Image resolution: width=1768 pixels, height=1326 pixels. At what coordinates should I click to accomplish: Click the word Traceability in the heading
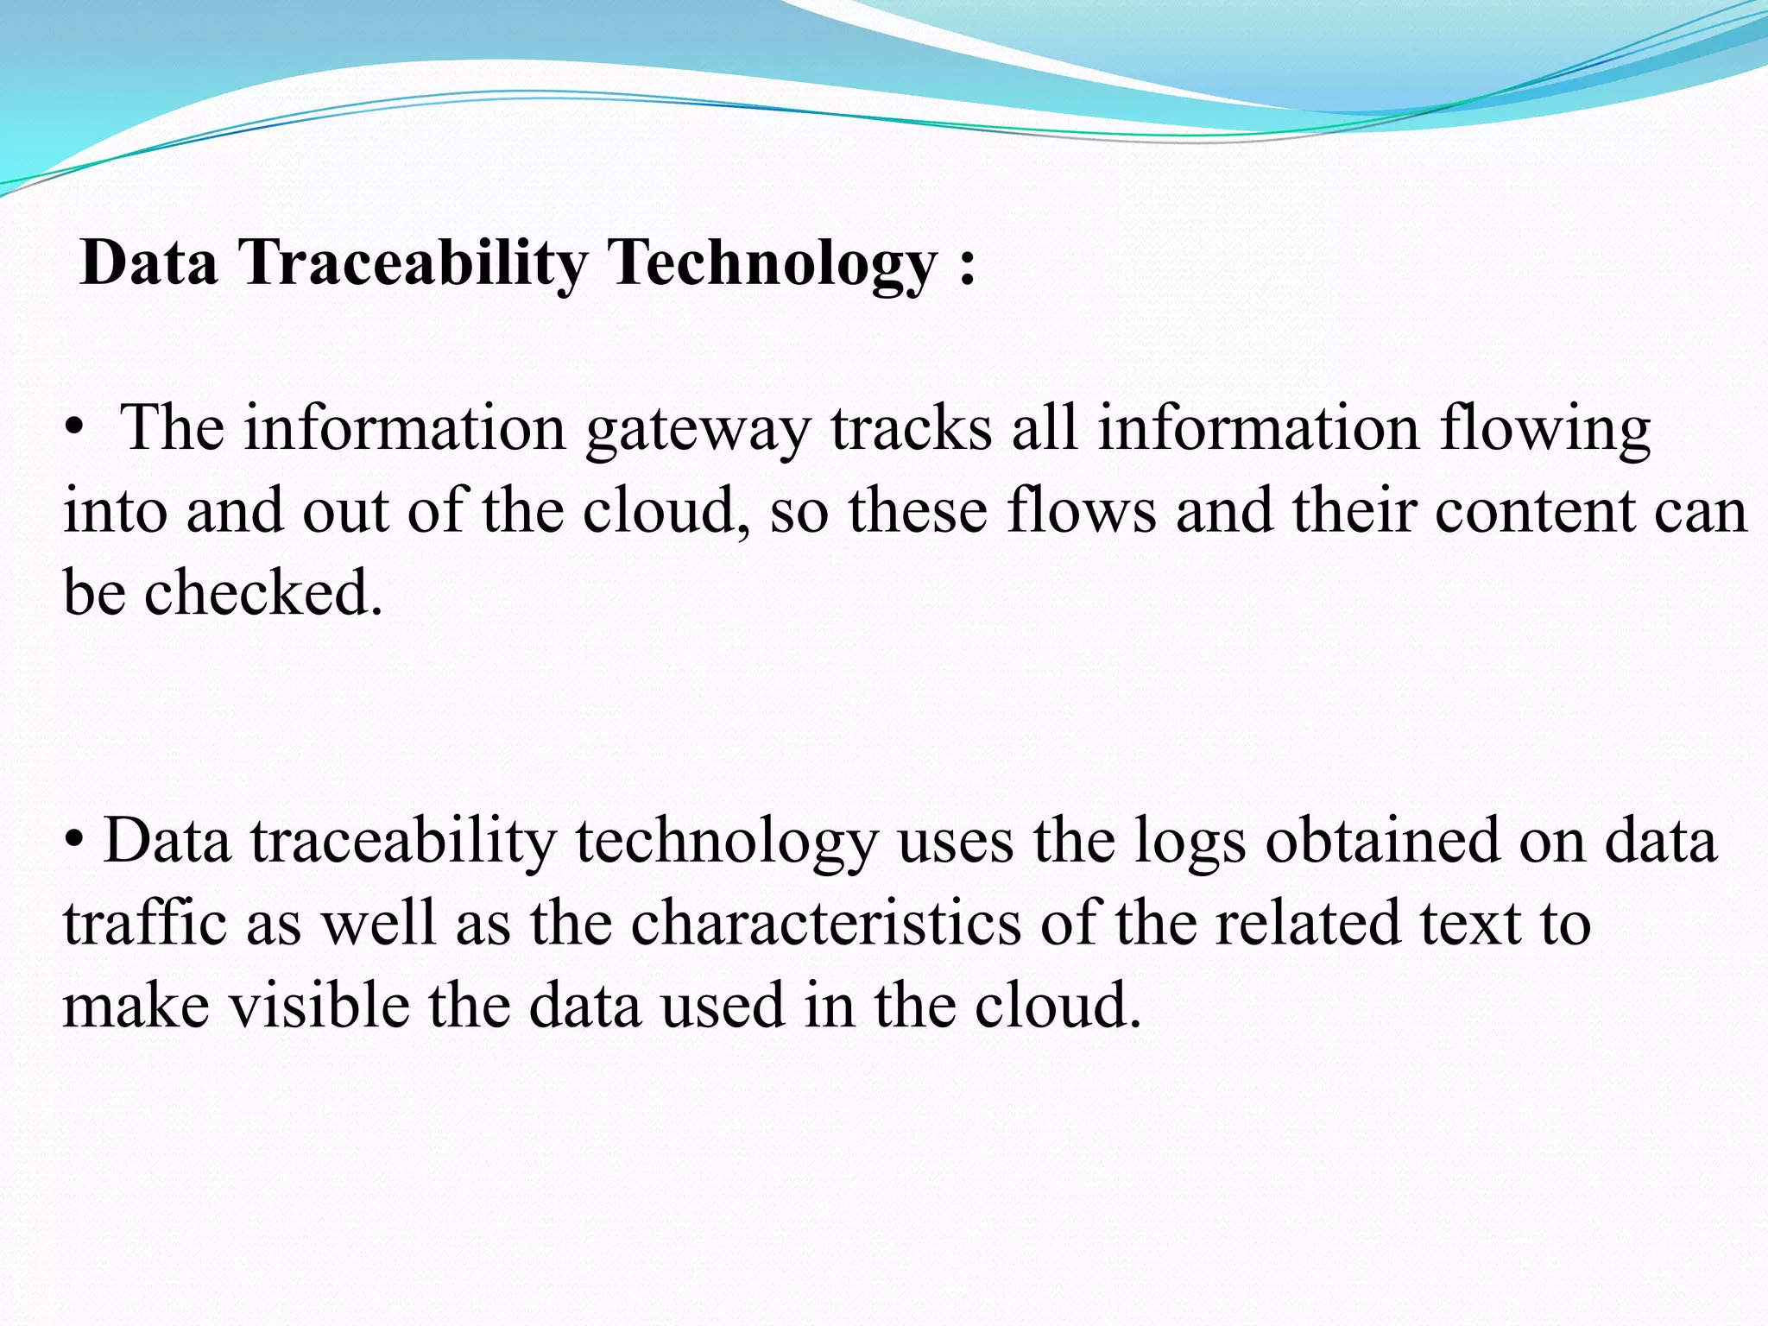(413, 262)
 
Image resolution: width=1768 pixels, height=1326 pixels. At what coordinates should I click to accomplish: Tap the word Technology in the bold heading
(772, 262)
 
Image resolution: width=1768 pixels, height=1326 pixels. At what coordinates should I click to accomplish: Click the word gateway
(698, 429)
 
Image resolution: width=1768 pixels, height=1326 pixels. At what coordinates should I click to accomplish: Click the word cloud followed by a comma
(665, 511)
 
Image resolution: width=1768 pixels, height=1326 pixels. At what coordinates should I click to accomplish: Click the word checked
(262, 593)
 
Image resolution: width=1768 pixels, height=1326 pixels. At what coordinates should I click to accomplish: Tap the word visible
(319, 1005)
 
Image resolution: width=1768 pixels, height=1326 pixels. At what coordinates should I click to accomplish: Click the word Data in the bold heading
(148, 262)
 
